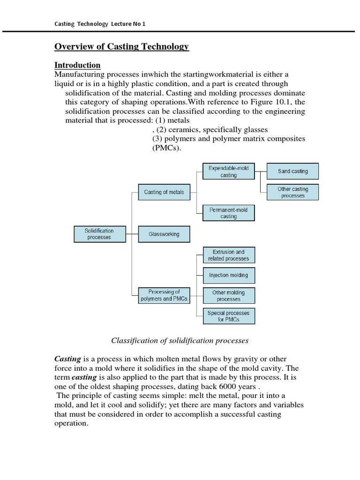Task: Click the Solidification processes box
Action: [99, 234]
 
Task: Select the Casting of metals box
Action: [164, 192]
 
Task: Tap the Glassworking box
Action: [164, 234]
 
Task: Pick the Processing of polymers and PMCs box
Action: [164, 295]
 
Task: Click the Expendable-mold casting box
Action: [229, 172]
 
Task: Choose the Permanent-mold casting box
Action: [229, 213]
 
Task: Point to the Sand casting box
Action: [292, 172]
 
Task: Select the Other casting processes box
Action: [292, 192]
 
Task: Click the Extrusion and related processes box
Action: [229, 255]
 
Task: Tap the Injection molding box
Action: [229, 275]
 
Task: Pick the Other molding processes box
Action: [229, 295]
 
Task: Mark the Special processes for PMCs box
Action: [229, 316]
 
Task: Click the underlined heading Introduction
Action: [77, 65]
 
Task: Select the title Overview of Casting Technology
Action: [121, 46]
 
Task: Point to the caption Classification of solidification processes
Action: [179, 340]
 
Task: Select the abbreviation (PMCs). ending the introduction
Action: [166, 148]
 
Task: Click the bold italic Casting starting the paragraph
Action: [68, 359]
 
